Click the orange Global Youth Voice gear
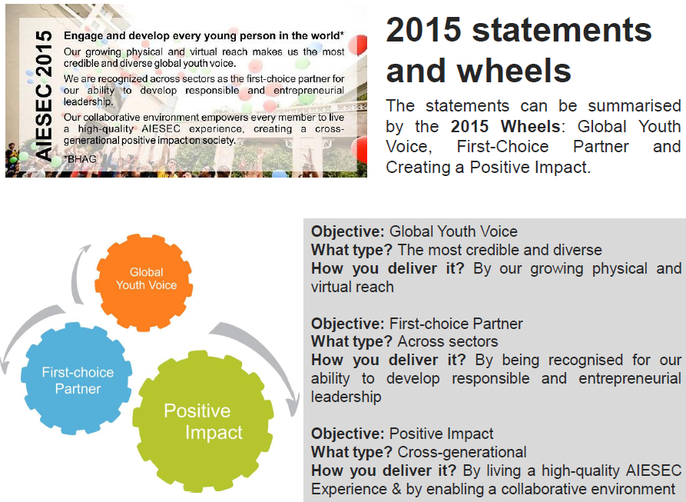point(144,282)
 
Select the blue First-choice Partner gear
point(77,378)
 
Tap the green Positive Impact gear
point(203,421)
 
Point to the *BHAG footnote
point(80,159)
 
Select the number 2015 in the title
point(423,30)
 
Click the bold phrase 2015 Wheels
point(505,127)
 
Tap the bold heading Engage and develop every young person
point(204,35)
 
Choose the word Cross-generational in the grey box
point(462,452)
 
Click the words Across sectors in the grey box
point(448,341)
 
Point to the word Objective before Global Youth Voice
point(347,231)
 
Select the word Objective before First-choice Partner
point(347,324)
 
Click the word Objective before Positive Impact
point(347,434)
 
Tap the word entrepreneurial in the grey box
point(630,378)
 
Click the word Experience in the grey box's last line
point(349,489)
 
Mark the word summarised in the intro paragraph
point(635,106)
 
